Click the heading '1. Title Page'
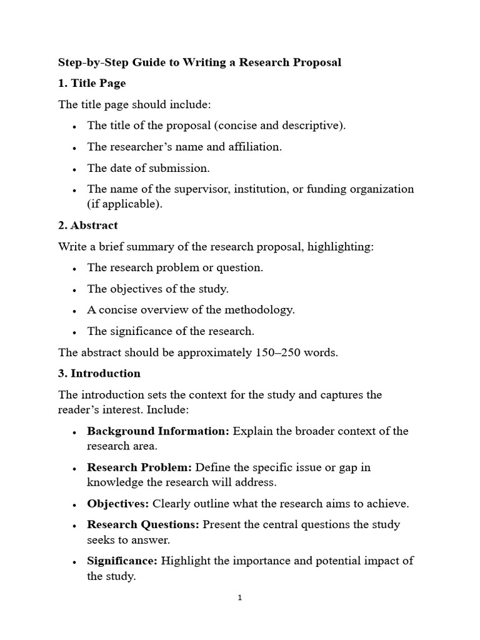pos(92,83)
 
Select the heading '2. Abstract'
pos(88,225)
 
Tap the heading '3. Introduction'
pos(99,373)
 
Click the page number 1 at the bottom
pos(240,597)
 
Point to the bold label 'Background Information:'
pos(158,431)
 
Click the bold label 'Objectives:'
pos(118,503)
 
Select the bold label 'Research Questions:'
pos(143,524)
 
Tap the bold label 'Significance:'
pos(122,561)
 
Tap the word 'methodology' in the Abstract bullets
pos(261,309)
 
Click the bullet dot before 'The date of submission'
pos(74,169)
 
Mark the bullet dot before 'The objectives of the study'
pos(74,289)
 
